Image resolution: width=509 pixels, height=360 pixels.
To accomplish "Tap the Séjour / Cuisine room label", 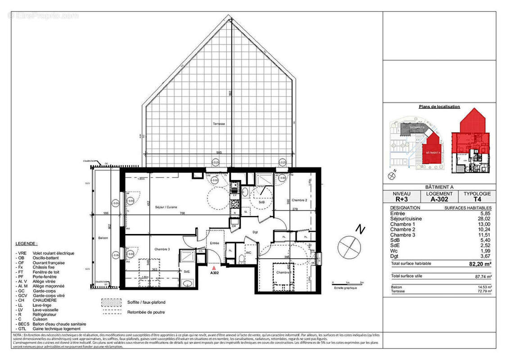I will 153,207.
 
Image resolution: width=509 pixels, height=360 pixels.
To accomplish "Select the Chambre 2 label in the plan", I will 299,200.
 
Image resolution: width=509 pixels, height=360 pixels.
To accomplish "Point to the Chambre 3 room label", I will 162,249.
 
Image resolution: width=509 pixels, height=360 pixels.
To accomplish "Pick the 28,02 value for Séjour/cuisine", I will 485,219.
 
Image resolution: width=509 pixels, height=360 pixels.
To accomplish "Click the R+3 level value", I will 401,200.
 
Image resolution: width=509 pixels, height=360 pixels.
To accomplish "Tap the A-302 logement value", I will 439,200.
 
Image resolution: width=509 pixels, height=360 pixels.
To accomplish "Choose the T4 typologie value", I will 477,200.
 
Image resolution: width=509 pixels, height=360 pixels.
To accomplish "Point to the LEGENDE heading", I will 27,243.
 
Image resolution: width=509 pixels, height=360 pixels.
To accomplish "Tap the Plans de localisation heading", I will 439,107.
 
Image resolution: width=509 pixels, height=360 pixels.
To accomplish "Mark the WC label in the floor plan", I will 248,252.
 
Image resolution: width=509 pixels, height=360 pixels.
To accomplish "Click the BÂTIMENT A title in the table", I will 439,187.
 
